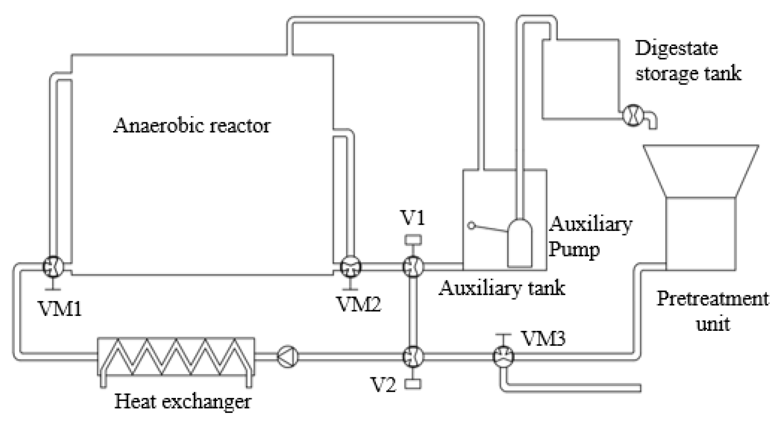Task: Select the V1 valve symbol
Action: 413,266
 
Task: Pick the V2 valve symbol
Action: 413,356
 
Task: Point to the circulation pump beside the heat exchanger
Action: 288,355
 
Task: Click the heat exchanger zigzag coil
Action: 175,356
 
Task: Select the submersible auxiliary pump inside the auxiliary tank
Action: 519,242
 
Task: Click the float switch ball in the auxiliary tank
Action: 471,226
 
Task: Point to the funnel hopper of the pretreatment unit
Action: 700,171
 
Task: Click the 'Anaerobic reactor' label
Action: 192,126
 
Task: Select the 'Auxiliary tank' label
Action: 502,288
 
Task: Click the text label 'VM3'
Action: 543,338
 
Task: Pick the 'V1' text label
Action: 413,217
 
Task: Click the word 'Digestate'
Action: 676,49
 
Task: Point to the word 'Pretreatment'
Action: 712,299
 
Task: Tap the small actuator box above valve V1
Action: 413,240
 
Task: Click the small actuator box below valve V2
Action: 413,384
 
